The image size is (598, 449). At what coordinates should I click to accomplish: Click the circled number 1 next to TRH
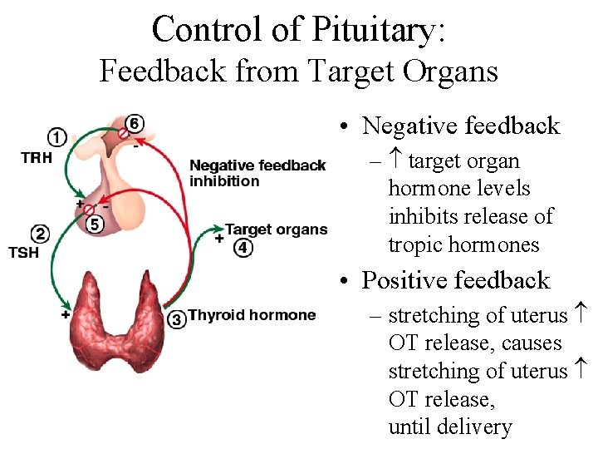(57, 137)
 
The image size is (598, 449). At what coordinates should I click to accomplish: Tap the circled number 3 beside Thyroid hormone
(176, 318)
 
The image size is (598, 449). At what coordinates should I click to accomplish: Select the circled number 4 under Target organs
(243, 247)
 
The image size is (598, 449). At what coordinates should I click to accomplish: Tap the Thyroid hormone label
(252, 315)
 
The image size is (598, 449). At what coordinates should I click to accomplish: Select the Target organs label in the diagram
(277, 229)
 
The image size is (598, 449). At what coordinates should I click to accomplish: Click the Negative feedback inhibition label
(257, 173)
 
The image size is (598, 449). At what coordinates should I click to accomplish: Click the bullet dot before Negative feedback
(342, 127)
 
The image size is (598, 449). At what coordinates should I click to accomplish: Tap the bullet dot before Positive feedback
(342, 282)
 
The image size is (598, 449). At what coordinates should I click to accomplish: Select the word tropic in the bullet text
(414, 245)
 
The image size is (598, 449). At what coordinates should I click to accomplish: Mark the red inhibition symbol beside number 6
(122, 133)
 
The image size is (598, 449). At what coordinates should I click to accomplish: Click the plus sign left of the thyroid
(65, 315)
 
